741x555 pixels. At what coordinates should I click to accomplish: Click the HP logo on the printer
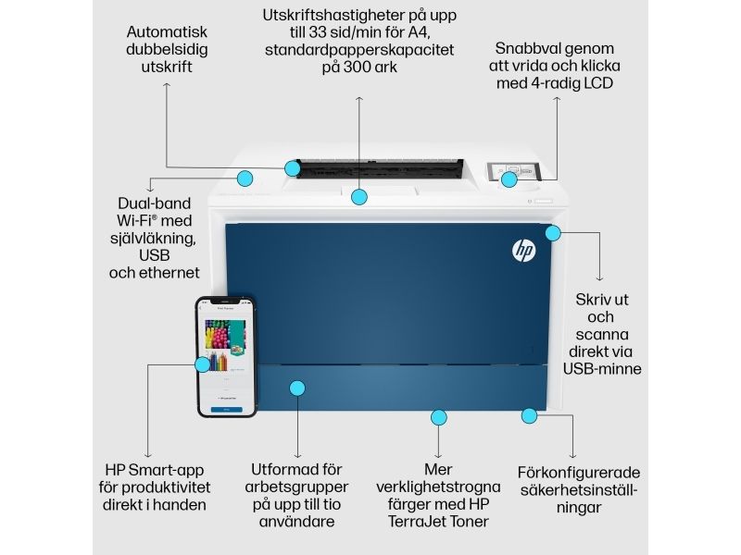[x=523, y=251]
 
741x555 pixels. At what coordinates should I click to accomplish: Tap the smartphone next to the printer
[x=226, y=357]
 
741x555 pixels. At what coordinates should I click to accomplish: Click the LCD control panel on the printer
[x=514, y=171]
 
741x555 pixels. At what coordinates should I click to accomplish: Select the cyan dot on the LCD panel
[x=509, y=179]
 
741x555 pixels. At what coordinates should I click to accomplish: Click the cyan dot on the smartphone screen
[x=203, y=364]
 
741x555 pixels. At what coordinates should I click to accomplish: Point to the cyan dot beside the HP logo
[x=553, y=233]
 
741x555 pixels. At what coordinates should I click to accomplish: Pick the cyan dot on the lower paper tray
[x=297, y=388]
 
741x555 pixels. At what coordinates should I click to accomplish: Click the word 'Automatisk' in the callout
[x=167, y=32]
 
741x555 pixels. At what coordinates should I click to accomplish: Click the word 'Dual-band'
[x=154, y=203]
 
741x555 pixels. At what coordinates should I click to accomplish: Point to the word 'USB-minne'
[x=602, y=369]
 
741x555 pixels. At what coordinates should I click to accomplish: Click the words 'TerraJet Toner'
[x=438, y=522]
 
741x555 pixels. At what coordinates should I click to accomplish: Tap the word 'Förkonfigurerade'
[x=578, y=473]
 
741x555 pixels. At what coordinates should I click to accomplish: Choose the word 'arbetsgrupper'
[x=296, y=487]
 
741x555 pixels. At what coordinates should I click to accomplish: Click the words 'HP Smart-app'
[x=155, y=470]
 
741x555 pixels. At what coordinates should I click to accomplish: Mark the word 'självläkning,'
[x=153, y=239]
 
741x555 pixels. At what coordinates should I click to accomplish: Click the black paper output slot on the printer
[x=378, y=168]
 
